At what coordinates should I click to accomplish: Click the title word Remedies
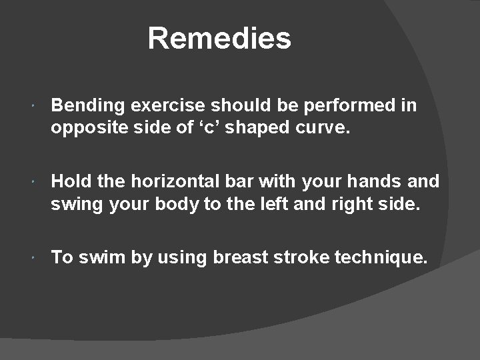click(219, 38)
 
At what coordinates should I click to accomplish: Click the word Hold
click(72, 181)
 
